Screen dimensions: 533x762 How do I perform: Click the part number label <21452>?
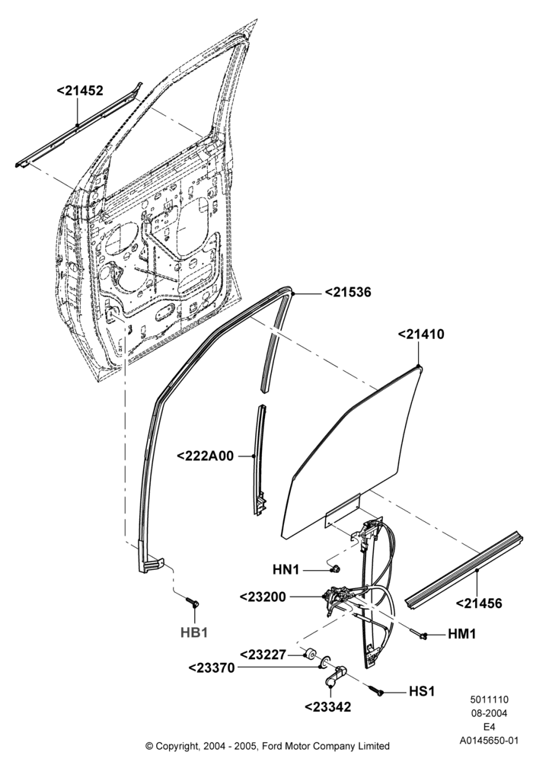pos(80,91)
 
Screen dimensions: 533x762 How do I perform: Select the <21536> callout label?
pos(347,292)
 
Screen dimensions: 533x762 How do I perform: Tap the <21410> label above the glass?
pos(421,335)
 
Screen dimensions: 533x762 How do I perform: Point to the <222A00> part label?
pos(205,456)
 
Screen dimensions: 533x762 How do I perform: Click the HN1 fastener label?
pos(286,569)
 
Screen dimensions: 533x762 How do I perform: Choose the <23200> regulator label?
pos(263,597)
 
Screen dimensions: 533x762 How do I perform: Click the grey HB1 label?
pos(194,632)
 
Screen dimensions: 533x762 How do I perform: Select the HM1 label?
pos(461,634)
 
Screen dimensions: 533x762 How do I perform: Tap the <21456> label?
pos(479,603)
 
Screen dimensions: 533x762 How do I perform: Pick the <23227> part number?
pos(263,654)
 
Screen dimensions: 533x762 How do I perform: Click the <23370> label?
pos(212,668)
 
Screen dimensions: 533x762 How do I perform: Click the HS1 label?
pos(421,691)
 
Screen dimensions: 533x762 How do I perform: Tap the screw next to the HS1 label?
pos(377,689)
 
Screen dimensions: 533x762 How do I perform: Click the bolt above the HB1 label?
pos(192,602)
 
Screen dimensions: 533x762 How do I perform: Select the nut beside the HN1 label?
pos(334,568)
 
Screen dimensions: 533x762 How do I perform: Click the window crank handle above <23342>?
pos(334,676)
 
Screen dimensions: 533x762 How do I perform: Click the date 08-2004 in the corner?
pos(489,713)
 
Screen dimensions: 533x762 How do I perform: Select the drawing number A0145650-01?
pos(490,741)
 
